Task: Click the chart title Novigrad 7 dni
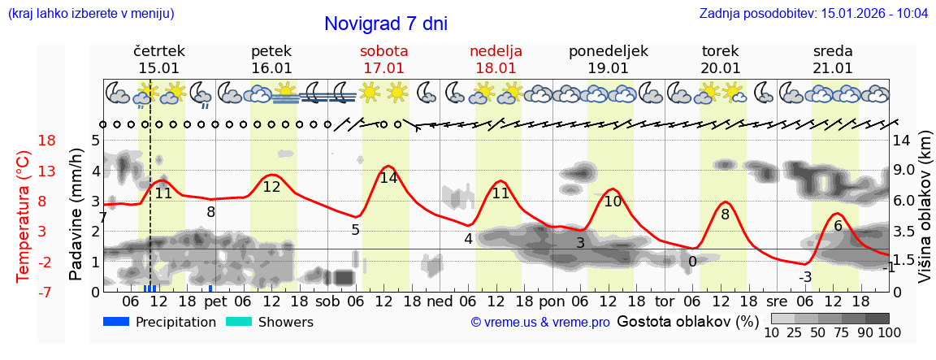(386, 24)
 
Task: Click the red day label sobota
(384, 51)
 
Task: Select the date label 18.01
(496, 68)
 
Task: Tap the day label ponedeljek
(609, 51)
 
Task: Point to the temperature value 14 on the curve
(388, 177)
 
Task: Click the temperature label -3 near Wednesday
(805, 277)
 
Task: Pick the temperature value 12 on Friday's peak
(272, 187)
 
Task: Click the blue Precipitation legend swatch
(116, 322)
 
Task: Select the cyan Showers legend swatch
(238, 322)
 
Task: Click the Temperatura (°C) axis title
(24, 216)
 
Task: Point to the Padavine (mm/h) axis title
(77, 215)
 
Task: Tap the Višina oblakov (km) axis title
(925, 215)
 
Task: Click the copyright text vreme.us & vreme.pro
(540, 322)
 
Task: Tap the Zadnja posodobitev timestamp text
(813, 14)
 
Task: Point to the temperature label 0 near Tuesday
(692, 262)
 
